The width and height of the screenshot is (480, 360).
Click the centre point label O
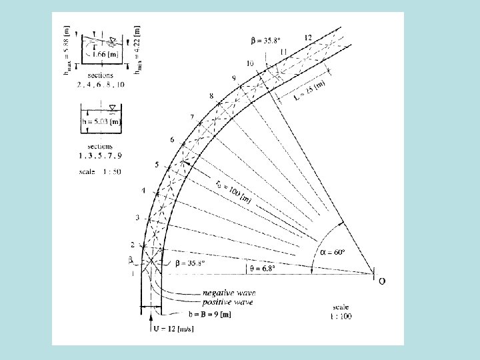pyautogui.click(x=381, y=281)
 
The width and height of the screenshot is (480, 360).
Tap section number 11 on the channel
pyautogui.click(x=283, y=51)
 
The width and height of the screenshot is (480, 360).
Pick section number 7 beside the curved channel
pyautogui.click(x=192, y=117)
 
